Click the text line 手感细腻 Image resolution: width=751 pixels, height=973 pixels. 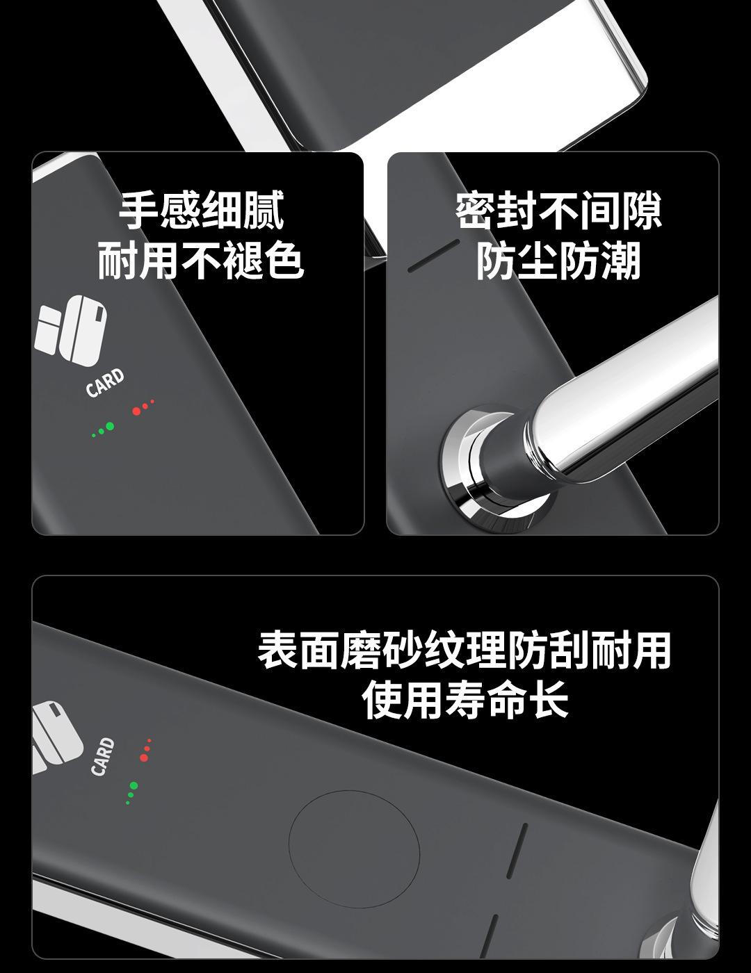tap(202, 210)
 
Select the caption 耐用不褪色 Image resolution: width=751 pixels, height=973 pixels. tap(201, 260)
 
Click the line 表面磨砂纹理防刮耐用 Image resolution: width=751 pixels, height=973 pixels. tap(465, 650)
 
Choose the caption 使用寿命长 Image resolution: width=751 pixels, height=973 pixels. tap(465, 699)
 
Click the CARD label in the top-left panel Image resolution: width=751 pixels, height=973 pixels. tap(105, 383)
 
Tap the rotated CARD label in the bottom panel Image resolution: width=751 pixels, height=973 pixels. tap(102, 756)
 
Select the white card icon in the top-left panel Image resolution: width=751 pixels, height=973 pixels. tap(72, 330)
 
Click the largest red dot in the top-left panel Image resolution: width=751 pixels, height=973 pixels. tap(136, 411)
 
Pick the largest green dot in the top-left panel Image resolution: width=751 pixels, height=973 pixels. tap(109, 426)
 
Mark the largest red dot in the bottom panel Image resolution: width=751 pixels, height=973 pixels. tap(144, 757)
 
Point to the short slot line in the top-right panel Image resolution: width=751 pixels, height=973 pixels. tap(433, 256)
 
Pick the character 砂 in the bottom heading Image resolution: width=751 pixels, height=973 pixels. tap(403, 650)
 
